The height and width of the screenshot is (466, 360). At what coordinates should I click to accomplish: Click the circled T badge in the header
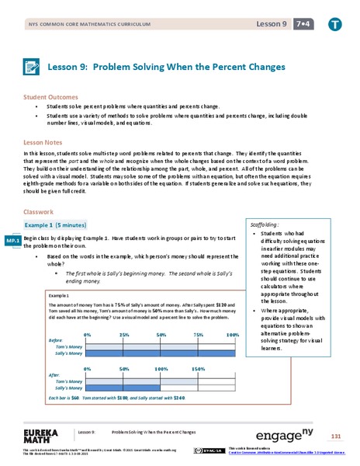point(334,25)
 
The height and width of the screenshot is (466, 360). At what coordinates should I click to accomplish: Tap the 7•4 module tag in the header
point(304,25)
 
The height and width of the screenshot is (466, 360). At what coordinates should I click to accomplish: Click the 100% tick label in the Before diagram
point(230,313)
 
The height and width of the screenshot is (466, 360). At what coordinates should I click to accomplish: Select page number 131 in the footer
point(335,436)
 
